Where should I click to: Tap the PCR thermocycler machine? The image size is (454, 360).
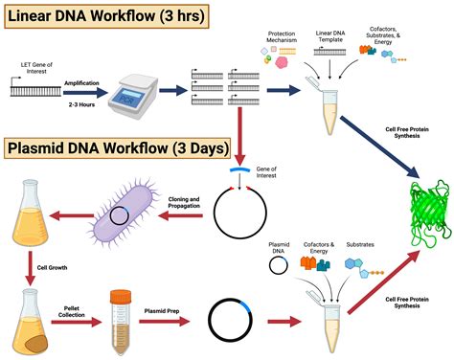pyautogui.click(x=133, y=93)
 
